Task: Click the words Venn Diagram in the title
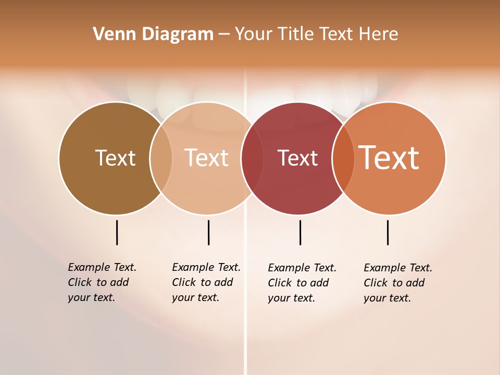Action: (x=153, y=34)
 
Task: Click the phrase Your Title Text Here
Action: (x=316, y=34)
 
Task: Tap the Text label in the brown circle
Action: (x=115, y=158)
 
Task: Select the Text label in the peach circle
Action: (x=207, y=158)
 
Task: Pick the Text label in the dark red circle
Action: (x=297, y=158)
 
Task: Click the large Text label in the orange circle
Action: (x=389, y=158)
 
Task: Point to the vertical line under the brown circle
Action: (x=117, y=232)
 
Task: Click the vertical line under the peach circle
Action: (x=208, y=232)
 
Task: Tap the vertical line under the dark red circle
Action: (x=300, y=232)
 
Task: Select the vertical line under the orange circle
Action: (x=387, y=232)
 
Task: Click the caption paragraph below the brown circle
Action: (x=102, y=282)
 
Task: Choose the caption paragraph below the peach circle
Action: (x=206, y=282)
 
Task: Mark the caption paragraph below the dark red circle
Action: (x=302, y=283)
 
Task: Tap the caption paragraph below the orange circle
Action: (x=397, y=283)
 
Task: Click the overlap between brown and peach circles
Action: (x=161, y=158)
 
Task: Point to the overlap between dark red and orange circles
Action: (x=343, y=158)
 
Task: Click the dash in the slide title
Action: (x=224, y=35)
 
